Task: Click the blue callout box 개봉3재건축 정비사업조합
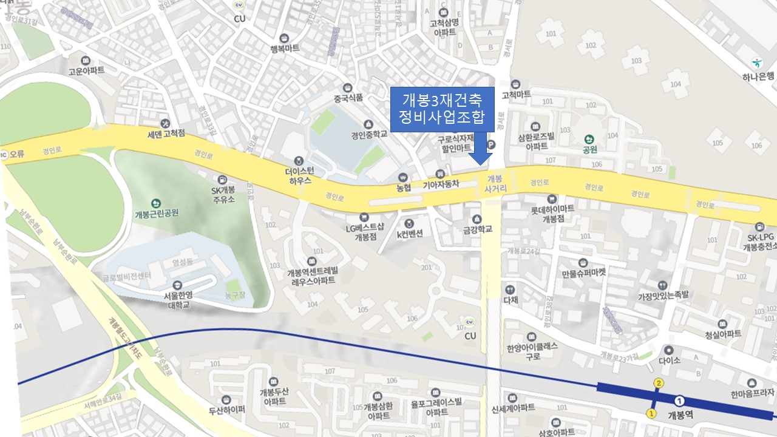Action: tap(441, 109)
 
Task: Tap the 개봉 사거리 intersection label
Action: tap(495, 184)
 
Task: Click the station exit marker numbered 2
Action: tap(658, 383)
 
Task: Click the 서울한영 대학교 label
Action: tap(177, 300)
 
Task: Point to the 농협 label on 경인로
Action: tap(403, 188)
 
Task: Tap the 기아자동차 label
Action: tap(441, 184)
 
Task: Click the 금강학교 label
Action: tap(477, 229)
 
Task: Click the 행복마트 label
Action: tap(284, 49)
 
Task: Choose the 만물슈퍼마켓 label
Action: tap(583, 273)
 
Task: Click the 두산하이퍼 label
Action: tap(226, 410)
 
